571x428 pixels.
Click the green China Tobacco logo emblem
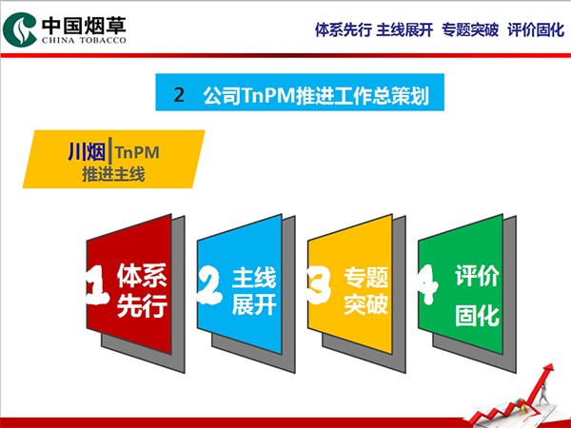pos(20,29)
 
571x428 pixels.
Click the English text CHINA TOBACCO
pos(84,40)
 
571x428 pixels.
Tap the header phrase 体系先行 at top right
pos(343,29)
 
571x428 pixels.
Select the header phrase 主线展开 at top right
pos(404,29)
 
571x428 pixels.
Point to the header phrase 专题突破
pos(470,29)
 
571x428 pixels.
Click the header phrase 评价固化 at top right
pos(536,29)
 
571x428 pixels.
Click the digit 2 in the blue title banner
pos(179,94)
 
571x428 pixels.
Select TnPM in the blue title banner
pos(268,95)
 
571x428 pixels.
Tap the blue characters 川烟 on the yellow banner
pos(87,151)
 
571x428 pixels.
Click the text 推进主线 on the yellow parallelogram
pos(113,174)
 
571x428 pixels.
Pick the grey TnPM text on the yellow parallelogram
pos(137,152)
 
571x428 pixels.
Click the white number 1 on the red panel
pos(97,284)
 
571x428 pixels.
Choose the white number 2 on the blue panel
pos(209,285)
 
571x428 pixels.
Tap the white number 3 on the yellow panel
pos(319,285)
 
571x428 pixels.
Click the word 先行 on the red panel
pos(142,305)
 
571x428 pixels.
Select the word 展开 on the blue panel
pos(254,304)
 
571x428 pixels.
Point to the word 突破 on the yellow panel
pos(366,304)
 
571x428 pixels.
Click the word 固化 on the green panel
pos(477,315)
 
